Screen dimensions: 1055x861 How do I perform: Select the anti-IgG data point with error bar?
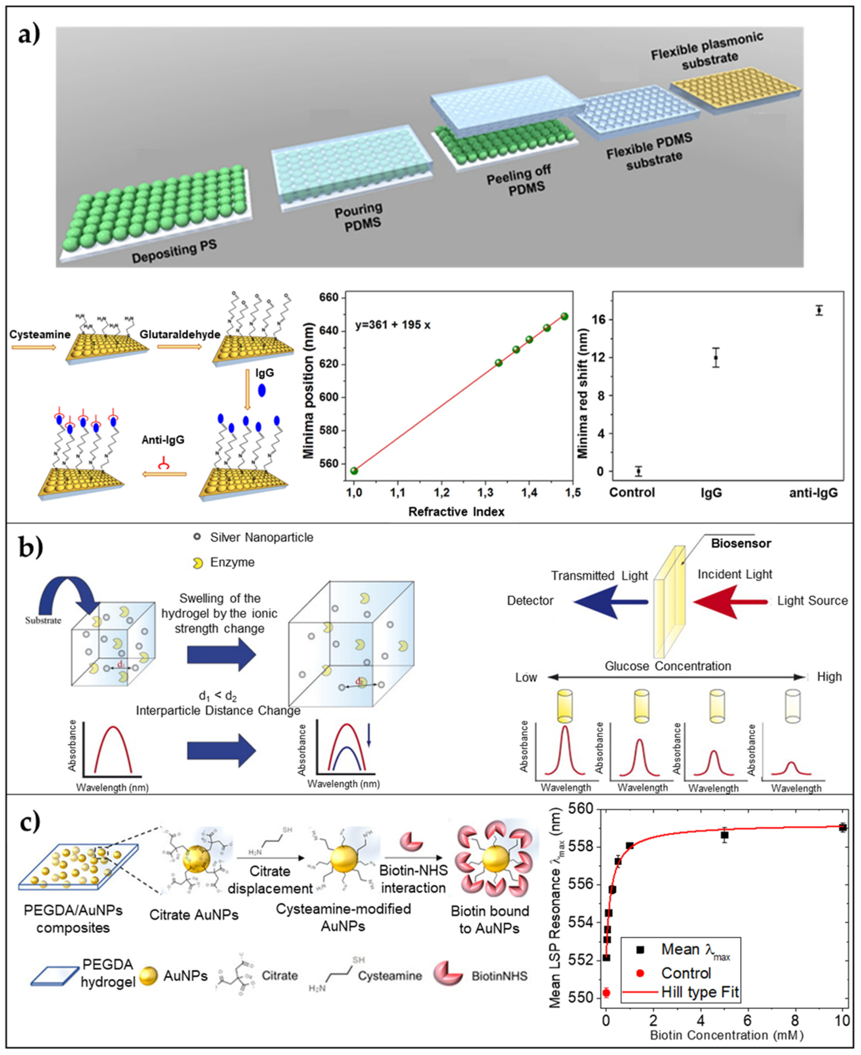click(819, 311)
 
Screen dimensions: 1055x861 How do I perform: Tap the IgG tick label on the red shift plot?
click(711, 493)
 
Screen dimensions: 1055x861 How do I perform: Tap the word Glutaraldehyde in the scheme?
click(180, 334)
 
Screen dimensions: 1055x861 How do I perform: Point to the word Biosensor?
click(741, 543)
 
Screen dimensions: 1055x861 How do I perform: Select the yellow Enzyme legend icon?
click(198, 562)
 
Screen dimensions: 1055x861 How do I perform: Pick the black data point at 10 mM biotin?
click(843, 827)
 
